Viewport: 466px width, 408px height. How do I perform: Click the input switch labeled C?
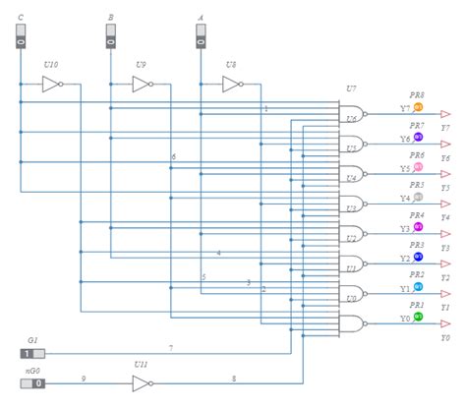(x=20, y=36)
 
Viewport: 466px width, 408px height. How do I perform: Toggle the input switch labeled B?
(x=110, y=36)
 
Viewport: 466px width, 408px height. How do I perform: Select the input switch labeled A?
(x=200, y=36)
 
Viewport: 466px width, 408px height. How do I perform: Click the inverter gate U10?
(x=51, y=85)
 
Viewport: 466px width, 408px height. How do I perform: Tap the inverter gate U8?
(x=231, y=85)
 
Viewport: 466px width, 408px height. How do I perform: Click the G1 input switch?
(x=32, y=353)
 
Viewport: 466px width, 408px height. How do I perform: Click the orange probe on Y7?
(x=418, y=107)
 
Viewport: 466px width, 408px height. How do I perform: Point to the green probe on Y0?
(x=418, y=317)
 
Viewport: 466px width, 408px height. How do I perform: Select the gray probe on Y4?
(x=418, y=197)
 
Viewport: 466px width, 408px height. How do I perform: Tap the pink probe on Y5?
(x=418, y=167)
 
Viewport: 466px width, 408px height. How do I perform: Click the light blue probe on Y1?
(x=418, y=287)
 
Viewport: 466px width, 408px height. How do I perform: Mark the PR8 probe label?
(x=417, y=95)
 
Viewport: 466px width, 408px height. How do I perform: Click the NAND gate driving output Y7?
(x=352, y=112)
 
